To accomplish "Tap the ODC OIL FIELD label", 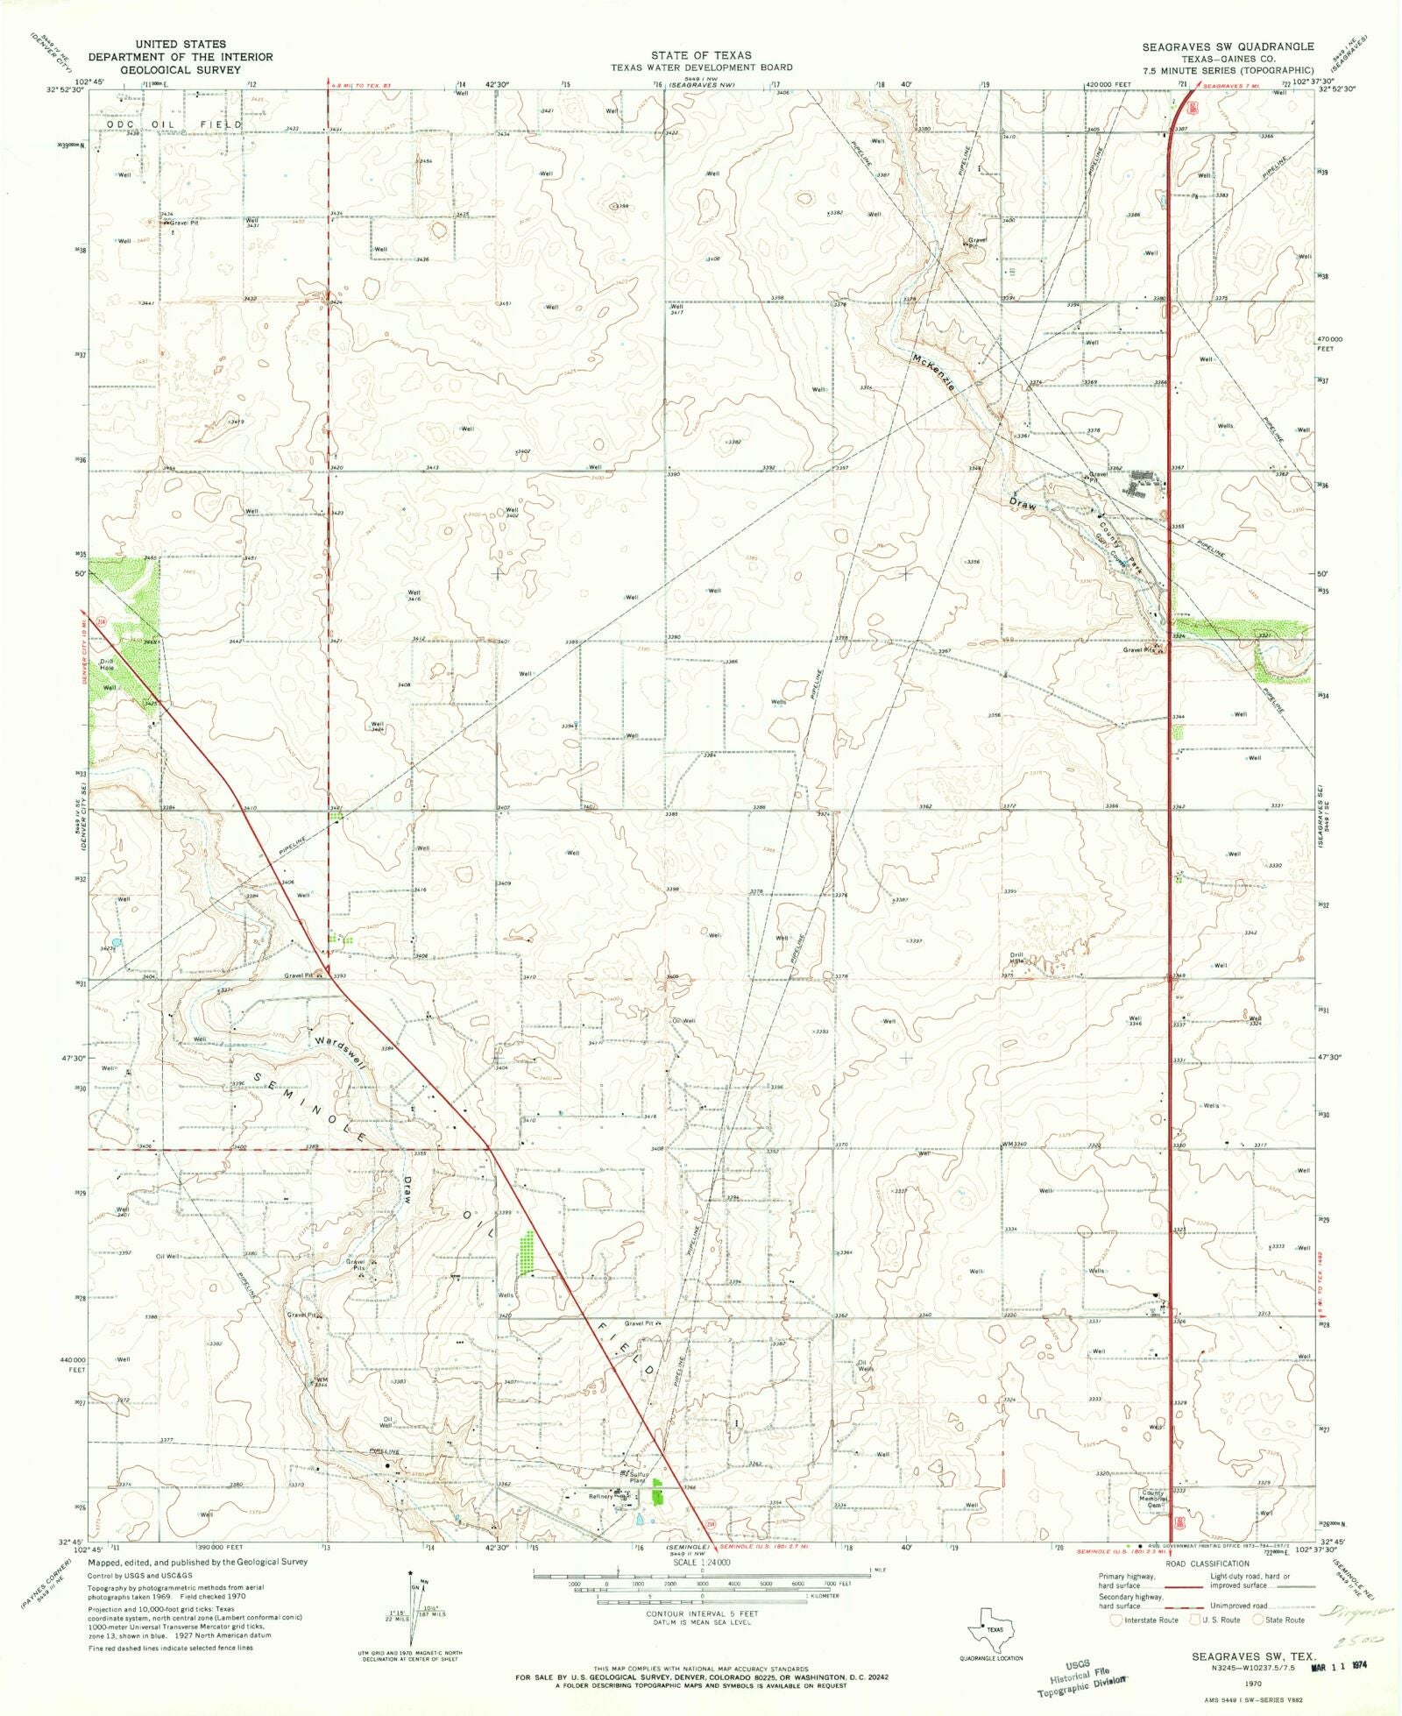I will click(x=173, y=124).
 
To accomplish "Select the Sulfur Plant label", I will click(x=638, y=1478).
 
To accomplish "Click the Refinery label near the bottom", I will click(x=600, y=1496).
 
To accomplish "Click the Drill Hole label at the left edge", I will click(x=107, y=664).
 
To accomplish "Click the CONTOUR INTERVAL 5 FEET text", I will click(x=701, y=1613).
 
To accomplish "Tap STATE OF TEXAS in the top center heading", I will click(x=701, y=55).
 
